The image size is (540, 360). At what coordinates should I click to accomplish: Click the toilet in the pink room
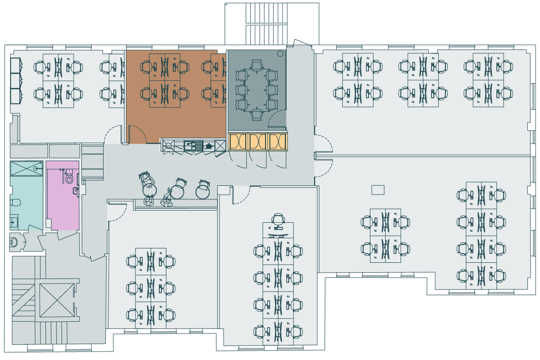69,179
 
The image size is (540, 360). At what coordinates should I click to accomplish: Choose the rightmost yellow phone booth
277,141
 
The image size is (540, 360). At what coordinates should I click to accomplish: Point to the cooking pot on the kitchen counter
209,145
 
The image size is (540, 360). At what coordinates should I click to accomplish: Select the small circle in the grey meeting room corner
280,54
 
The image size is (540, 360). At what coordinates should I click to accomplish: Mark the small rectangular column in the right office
378,190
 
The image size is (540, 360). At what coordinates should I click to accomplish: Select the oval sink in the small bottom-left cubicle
14,243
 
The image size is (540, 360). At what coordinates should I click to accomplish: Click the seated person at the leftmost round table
146,180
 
